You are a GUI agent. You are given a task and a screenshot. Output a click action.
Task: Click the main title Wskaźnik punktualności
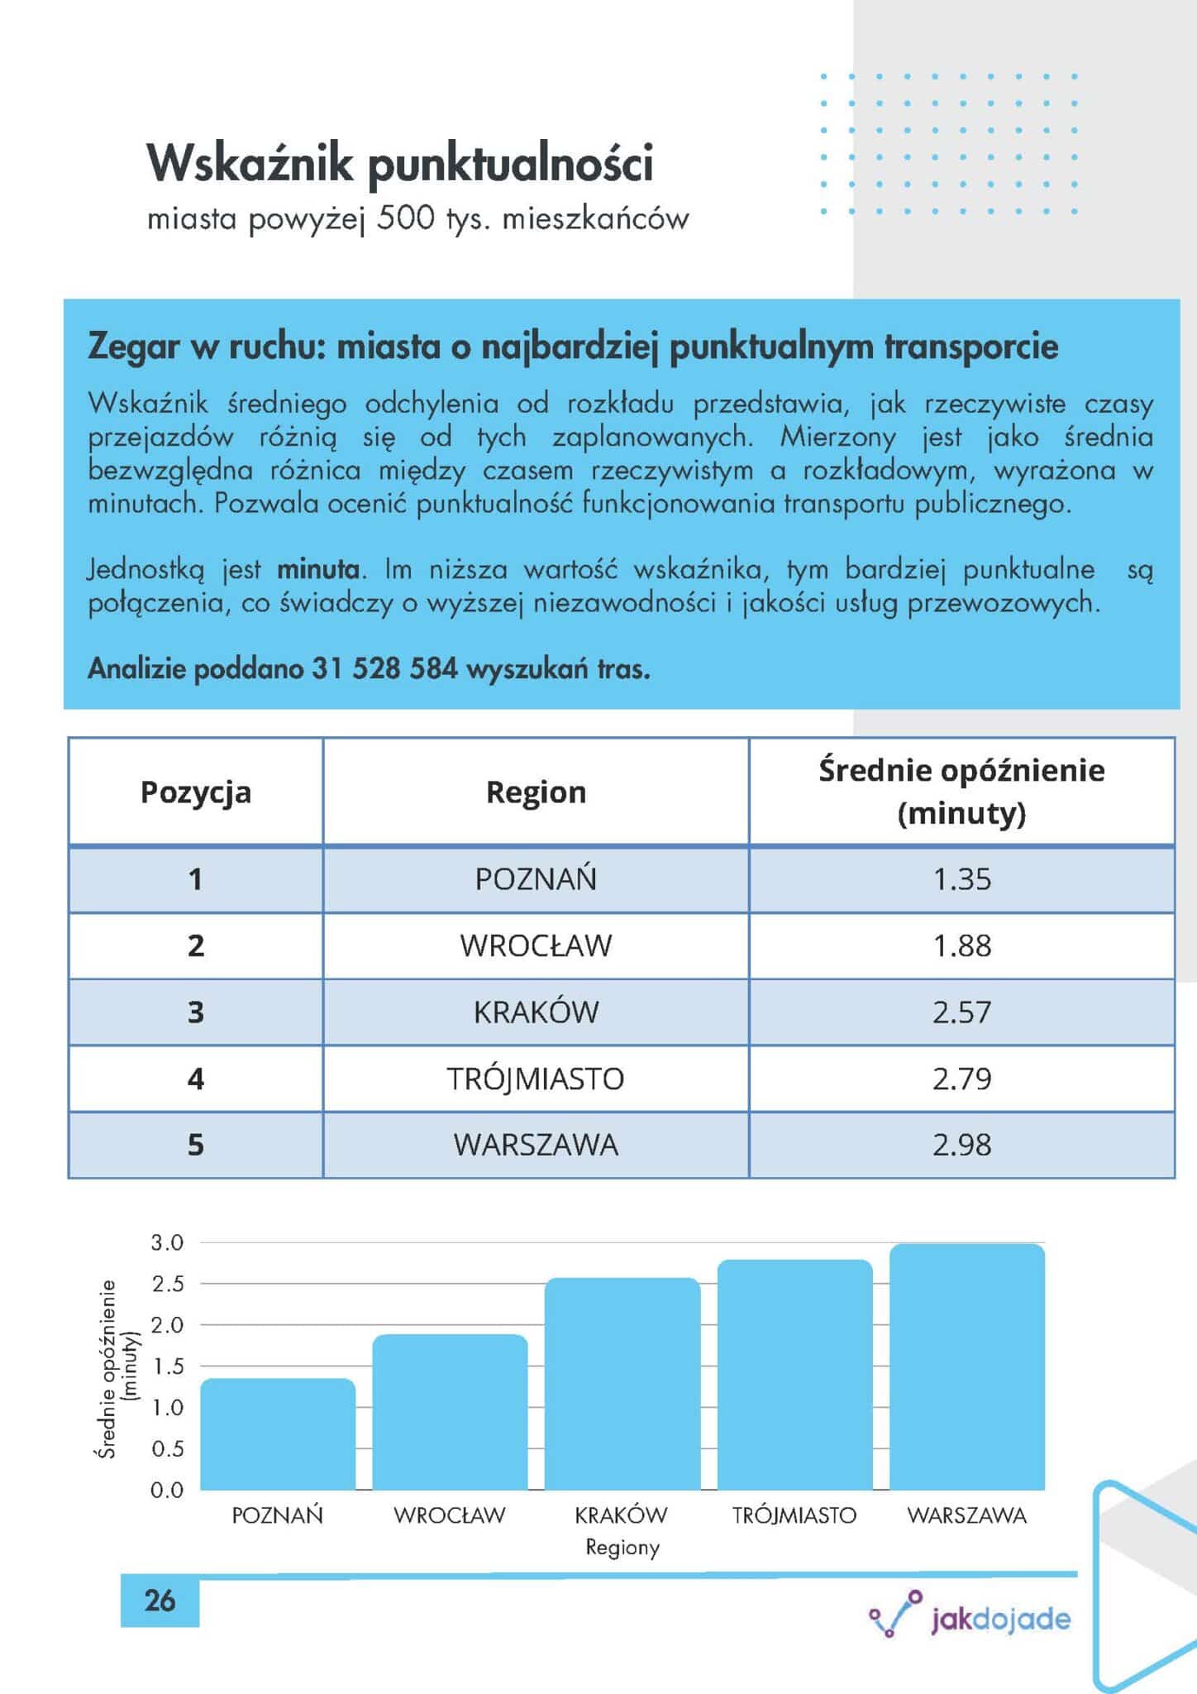click(x=400, y=163)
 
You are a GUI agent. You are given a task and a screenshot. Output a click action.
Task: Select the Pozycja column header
click(x=196, y=792)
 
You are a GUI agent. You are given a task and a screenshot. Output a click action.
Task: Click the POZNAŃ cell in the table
click(x=536, y=879)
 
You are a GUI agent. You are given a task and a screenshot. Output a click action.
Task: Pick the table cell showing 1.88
click(x=961, y=946)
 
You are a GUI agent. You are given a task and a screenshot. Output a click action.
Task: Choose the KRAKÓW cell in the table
click(x=536, y=1012)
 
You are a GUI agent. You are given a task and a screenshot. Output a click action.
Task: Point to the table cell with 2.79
click(x=961, y=1079)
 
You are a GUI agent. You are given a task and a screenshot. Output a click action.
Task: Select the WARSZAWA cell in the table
click(x=536, y=1145)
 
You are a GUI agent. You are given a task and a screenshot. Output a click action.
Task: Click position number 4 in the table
click(x=196, y=1079)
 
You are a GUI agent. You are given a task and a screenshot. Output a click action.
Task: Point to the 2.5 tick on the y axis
click(x=167, y=1284)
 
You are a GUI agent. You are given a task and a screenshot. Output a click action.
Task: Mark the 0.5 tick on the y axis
click(x=167, y=1448)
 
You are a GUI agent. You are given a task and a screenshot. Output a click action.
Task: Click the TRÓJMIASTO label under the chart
click(x=794, y=1515)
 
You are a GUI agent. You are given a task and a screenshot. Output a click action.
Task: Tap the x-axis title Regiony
click(x=622, y=1547)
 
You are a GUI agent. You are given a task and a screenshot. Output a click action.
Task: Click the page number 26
click(x=160, y=1601)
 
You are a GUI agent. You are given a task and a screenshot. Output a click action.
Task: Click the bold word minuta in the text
click(x=318, y=570)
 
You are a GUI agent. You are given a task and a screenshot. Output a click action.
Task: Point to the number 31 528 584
click(x=384, y=668)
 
